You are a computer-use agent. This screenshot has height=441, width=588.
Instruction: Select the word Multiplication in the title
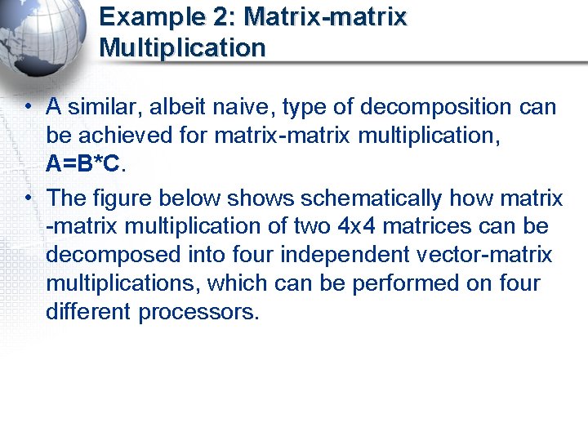tap(182, 47)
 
